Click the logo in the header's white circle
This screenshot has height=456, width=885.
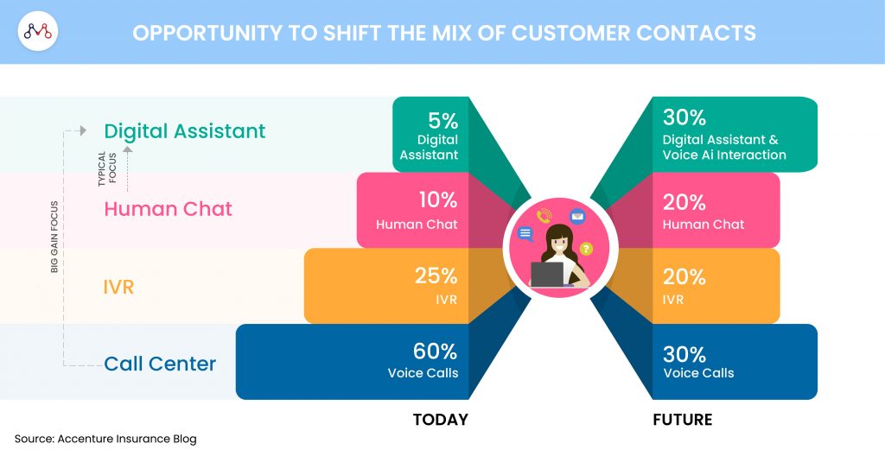pyautogui.click(x=38, y=31)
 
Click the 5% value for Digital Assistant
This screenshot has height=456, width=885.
pyautogui.click(x=442, y=120)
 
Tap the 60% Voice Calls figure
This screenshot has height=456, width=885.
pyautogui.click(x=435, y=351)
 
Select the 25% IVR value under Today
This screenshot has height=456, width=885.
pyautogui.click(x=436, y=275)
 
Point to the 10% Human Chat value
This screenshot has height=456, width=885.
pyautogui.click(x=438, y=199)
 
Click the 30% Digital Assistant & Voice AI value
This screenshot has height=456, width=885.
pyautogui.click(x=684, y=117)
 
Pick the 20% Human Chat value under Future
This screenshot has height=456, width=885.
pyautogui.click(x=684, y=202)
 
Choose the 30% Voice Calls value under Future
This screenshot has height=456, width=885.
pyautogui.click(x=684, y=354)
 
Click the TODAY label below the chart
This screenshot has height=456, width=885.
pyautogui.click(x=440, y=420)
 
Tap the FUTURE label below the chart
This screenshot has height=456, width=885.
pyautogui.click(x=683, y=420)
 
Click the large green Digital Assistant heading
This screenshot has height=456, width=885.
pyautogui.click(x=185, y=131)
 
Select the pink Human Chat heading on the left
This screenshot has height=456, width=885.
pyautogui.click(x=169, y=209)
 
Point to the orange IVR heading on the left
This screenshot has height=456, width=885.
pyautogui.click(x=118, y=287)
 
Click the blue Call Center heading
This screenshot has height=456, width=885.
pyautogui.click(x=160, y=364)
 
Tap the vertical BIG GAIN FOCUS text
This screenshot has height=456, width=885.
pyautogui.click(x=54, y=237)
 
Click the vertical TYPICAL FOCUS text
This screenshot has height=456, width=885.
pyautogui.click(x=106, y=168)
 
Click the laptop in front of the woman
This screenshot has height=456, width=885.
pyautogui.click(x=547, y=275)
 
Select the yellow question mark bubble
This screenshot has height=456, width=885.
pyautogui.click(x=587, y=249)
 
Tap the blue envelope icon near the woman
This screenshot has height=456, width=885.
pyautogui.click(x=576, y=216)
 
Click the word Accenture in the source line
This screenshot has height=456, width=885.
pyautogui.click(x=81, y=439)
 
